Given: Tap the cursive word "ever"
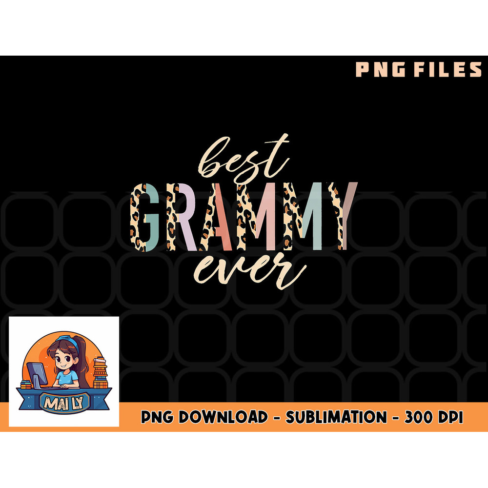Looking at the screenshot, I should [x=249, y=271].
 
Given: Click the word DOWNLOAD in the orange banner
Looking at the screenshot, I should [x=229, y=418].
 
